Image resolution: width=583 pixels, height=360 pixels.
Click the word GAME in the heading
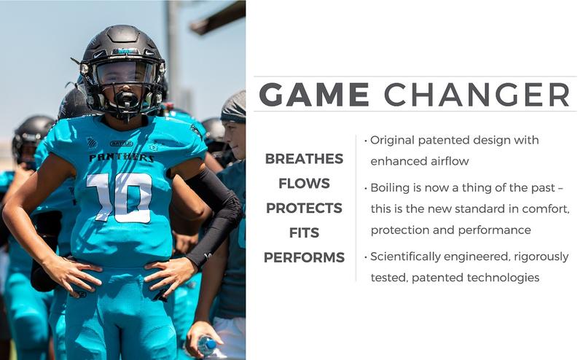click(313, 95)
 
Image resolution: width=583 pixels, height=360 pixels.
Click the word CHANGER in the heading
click(477, 95)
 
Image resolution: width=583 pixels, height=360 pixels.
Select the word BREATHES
click(304, 159)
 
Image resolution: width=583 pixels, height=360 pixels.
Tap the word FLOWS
click(304, 184)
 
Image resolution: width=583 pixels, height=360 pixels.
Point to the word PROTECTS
click(304, 208)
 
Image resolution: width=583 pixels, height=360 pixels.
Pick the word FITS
click(304, 233)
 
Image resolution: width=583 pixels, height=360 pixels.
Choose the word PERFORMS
click(304, 258)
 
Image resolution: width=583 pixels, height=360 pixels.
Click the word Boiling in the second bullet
click(389, 188)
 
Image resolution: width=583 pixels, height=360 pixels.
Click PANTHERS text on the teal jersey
click(111, 157)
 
